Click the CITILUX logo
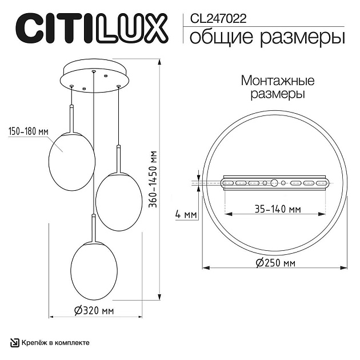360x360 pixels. click(91, 27)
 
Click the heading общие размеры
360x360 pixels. click(266, 38)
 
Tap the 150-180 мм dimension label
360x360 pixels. click(28, 131)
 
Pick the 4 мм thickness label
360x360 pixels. click(185, 214)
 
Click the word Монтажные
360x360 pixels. click(277, 80)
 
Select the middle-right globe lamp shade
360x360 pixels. click(118, 195)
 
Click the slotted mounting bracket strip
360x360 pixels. click(275, 183)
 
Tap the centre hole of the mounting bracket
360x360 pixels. click(275, 183)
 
